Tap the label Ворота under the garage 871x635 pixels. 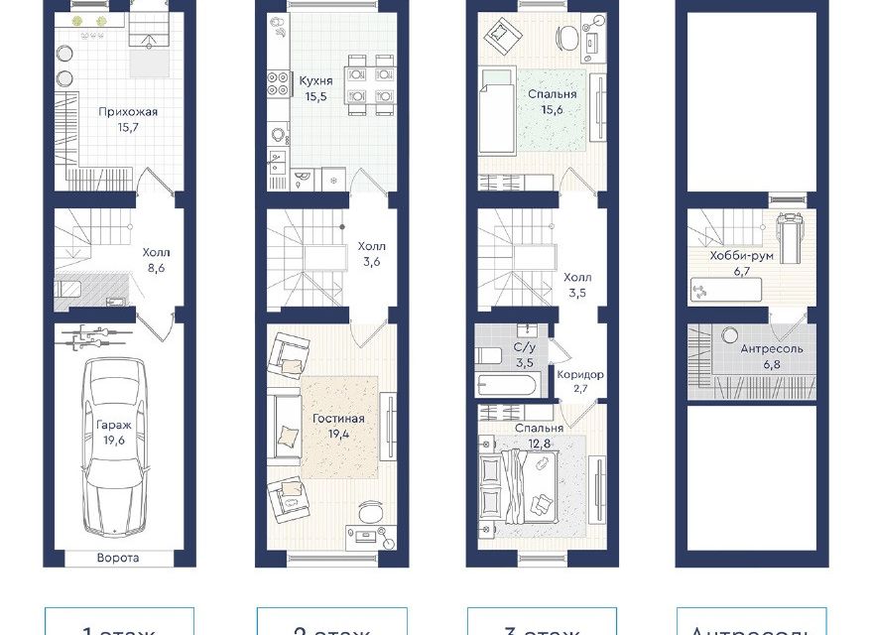click(x=118, y=558)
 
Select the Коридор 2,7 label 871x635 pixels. click(x=580, y=382)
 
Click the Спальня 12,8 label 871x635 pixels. click(x=539, y=435)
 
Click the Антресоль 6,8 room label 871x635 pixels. click(x=772, y=357)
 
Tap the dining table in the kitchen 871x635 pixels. click(x=370, y=85)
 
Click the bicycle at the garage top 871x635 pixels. click(x=95, y=338)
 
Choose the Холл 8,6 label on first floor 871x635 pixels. click(x=156, y=260)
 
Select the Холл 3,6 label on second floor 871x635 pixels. click(x=372, y=253)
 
